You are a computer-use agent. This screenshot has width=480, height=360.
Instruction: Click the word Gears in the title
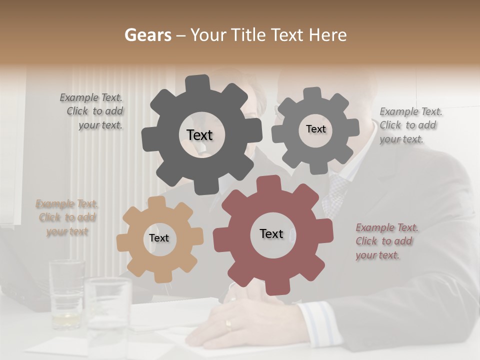[147, 35]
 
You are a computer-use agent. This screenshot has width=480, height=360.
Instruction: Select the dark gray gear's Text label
[199, 135]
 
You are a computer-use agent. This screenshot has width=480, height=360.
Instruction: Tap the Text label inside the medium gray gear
[315, 129]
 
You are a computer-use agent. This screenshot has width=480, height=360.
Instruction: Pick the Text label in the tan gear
[159, 238]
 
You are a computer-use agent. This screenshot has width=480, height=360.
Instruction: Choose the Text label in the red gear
[271, 234]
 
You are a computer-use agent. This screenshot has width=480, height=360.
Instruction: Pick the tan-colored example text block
[67, 217]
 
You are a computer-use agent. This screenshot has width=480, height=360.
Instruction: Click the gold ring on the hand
[228, 325]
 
